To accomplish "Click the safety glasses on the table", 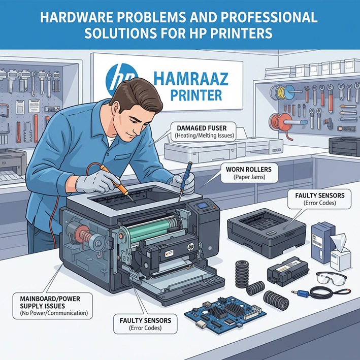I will coord(331,278).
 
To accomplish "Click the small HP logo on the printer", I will coord(191,246).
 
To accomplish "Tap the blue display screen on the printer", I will coord(203,206).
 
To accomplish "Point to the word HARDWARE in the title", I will coord(75,17).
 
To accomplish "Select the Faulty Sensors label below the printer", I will coord(145,324).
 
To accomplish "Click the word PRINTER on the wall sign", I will coord(196,95).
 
